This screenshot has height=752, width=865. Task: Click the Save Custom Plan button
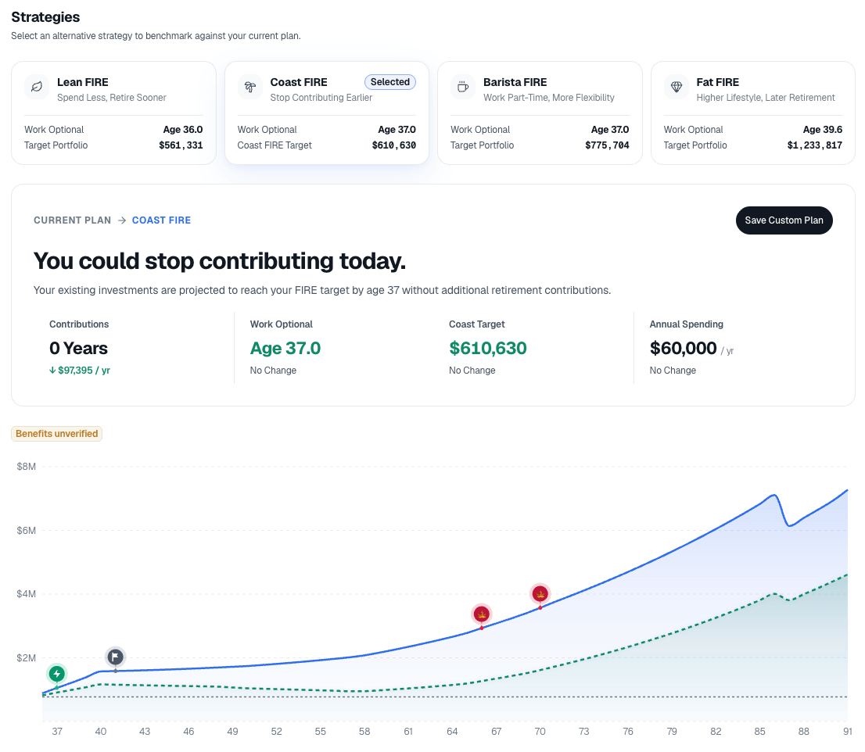point(784,220)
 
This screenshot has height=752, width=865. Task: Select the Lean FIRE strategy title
point(83,82)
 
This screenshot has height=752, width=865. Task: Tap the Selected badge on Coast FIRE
point(390,82)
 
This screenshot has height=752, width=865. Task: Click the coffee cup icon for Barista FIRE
point(463,87)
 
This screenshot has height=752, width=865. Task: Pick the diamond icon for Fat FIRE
point(677,87)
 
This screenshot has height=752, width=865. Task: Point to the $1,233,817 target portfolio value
point(814,145)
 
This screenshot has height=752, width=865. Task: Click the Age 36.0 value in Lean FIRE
point(182,130)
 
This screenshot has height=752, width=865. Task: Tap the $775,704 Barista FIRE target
point(607,145)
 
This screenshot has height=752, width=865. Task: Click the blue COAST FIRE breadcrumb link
point(161,220)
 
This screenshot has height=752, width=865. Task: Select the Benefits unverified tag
point(57,434)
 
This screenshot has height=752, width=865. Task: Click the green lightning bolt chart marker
point(57,674)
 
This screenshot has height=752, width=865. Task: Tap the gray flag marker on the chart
point(115,657)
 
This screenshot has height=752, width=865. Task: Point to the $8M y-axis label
point(26,467)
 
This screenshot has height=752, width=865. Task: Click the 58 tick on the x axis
point(364,732)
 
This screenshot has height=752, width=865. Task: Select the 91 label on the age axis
point(847,732)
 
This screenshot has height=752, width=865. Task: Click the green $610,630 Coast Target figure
point(488,349)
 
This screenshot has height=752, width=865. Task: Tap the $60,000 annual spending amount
point(683,349)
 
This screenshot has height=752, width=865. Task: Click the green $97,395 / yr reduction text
point(80,371)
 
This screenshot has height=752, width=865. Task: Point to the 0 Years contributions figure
point(78,349)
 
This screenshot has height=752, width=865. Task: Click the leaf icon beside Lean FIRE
point(37,87)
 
